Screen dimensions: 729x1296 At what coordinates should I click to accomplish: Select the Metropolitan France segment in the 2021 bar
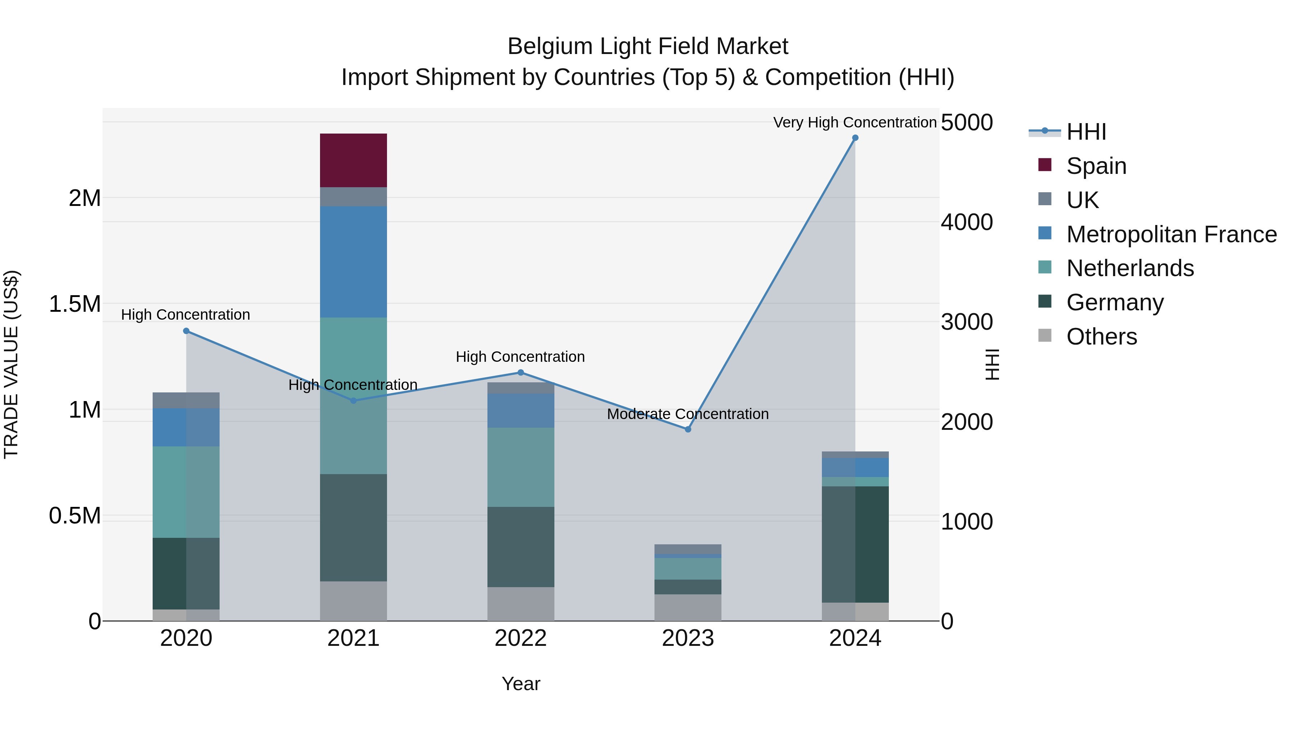353,262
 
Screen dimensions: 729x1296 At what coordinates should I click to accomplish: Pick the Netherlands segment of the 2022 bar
521,467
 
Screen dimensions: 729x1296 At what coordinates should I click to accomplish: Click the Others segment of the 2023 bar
688,607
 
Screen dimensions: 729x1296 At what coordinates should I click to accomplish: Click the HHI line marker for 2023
688,429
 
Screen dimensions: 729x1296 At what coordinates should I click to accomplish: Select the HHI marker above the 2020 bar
186,330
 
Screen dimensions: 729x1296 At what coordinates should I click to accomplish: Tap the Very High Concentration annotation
854,122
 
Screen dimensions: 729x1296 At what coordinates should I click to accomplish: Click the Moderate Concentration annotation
687,414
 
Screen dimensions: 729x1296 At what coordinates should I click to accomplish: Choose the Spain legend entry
1096,166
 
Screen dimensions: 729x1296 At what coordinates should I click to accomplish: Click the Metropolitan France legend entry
1171,234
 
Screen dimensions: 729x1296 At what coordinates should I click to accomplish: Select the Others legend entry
1101,337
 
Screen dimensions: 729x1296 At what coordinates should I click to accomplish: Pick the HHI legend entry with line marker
1086,132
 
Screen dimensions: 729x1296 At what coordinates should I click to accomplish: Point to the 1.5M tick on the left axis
75,304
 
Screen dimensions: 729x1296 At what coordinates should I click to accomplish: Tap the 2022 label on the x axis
521,638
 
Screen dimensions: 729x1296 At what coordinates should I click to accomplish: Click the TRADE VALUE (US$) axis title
11,364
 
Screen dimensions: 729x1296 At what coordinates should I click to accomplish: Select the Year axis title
521,684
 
